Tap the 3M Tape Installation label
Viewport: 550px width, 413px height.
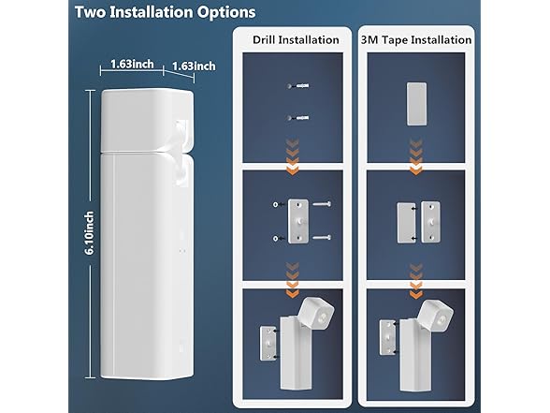click(x=414, y=39)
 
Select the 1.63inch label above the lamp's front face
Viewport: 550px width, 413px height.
click(x=132, y=66)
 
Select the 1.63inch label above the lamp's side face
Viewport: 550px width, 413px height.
click(x=194, y=66)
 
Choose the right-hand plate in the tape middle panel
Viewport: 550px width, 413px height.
click(x=431, y=220)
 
